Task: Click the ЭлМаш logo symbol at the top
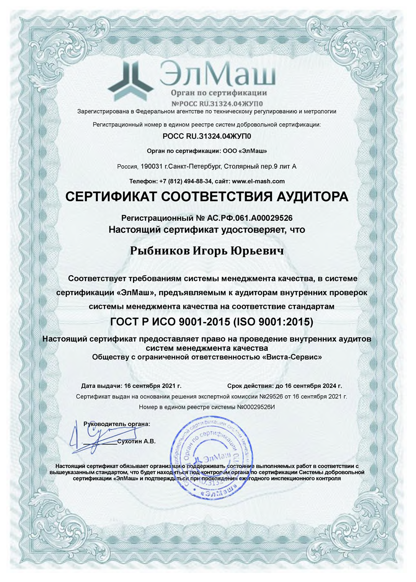click(130, 81)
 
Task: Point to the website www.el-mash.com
click(258, 181)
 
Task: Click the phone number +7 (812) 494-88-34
click(186, 181)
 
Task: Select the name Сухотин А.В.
click(136, 441)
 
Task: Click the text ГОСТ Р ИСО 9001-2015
click(170, 322)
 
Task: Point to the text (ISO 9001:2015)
click(273, 322)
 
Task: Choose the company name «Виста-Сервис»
click(292, 357)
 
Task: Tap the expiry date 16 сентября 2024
click(313, 386)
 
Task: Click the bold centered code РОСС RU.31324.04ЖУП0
click(207, 136)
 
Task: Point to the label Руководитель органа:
click(117, 424)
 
